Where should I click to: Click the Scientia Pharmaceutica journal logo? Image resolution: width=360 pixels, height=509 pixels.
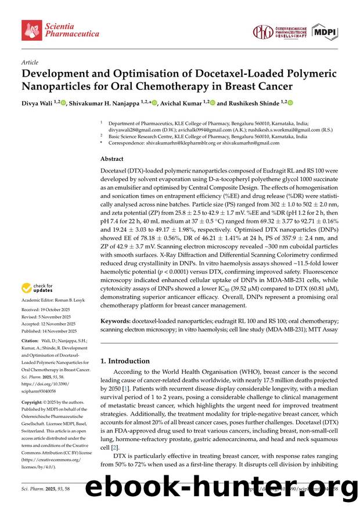(x=60, y=30)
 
